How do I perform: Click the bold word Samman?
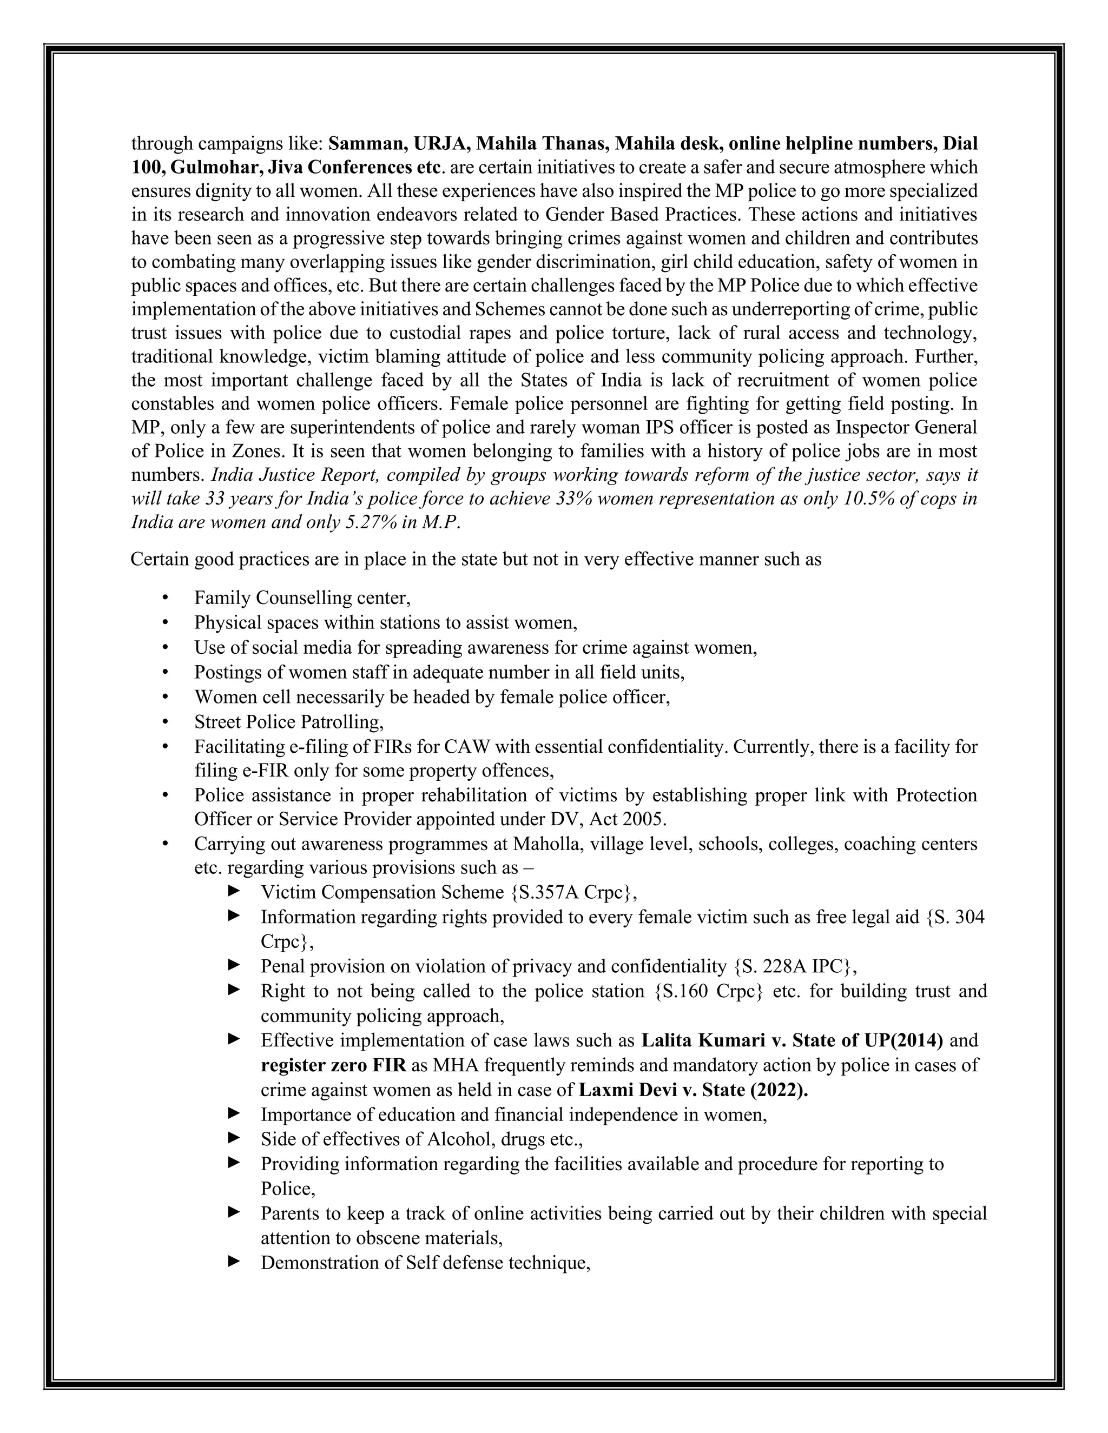point(367,143)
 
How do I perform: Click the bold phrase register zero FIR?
point(333,1065)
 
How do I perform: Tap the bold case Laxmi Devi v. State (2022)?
point(693,1090)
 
